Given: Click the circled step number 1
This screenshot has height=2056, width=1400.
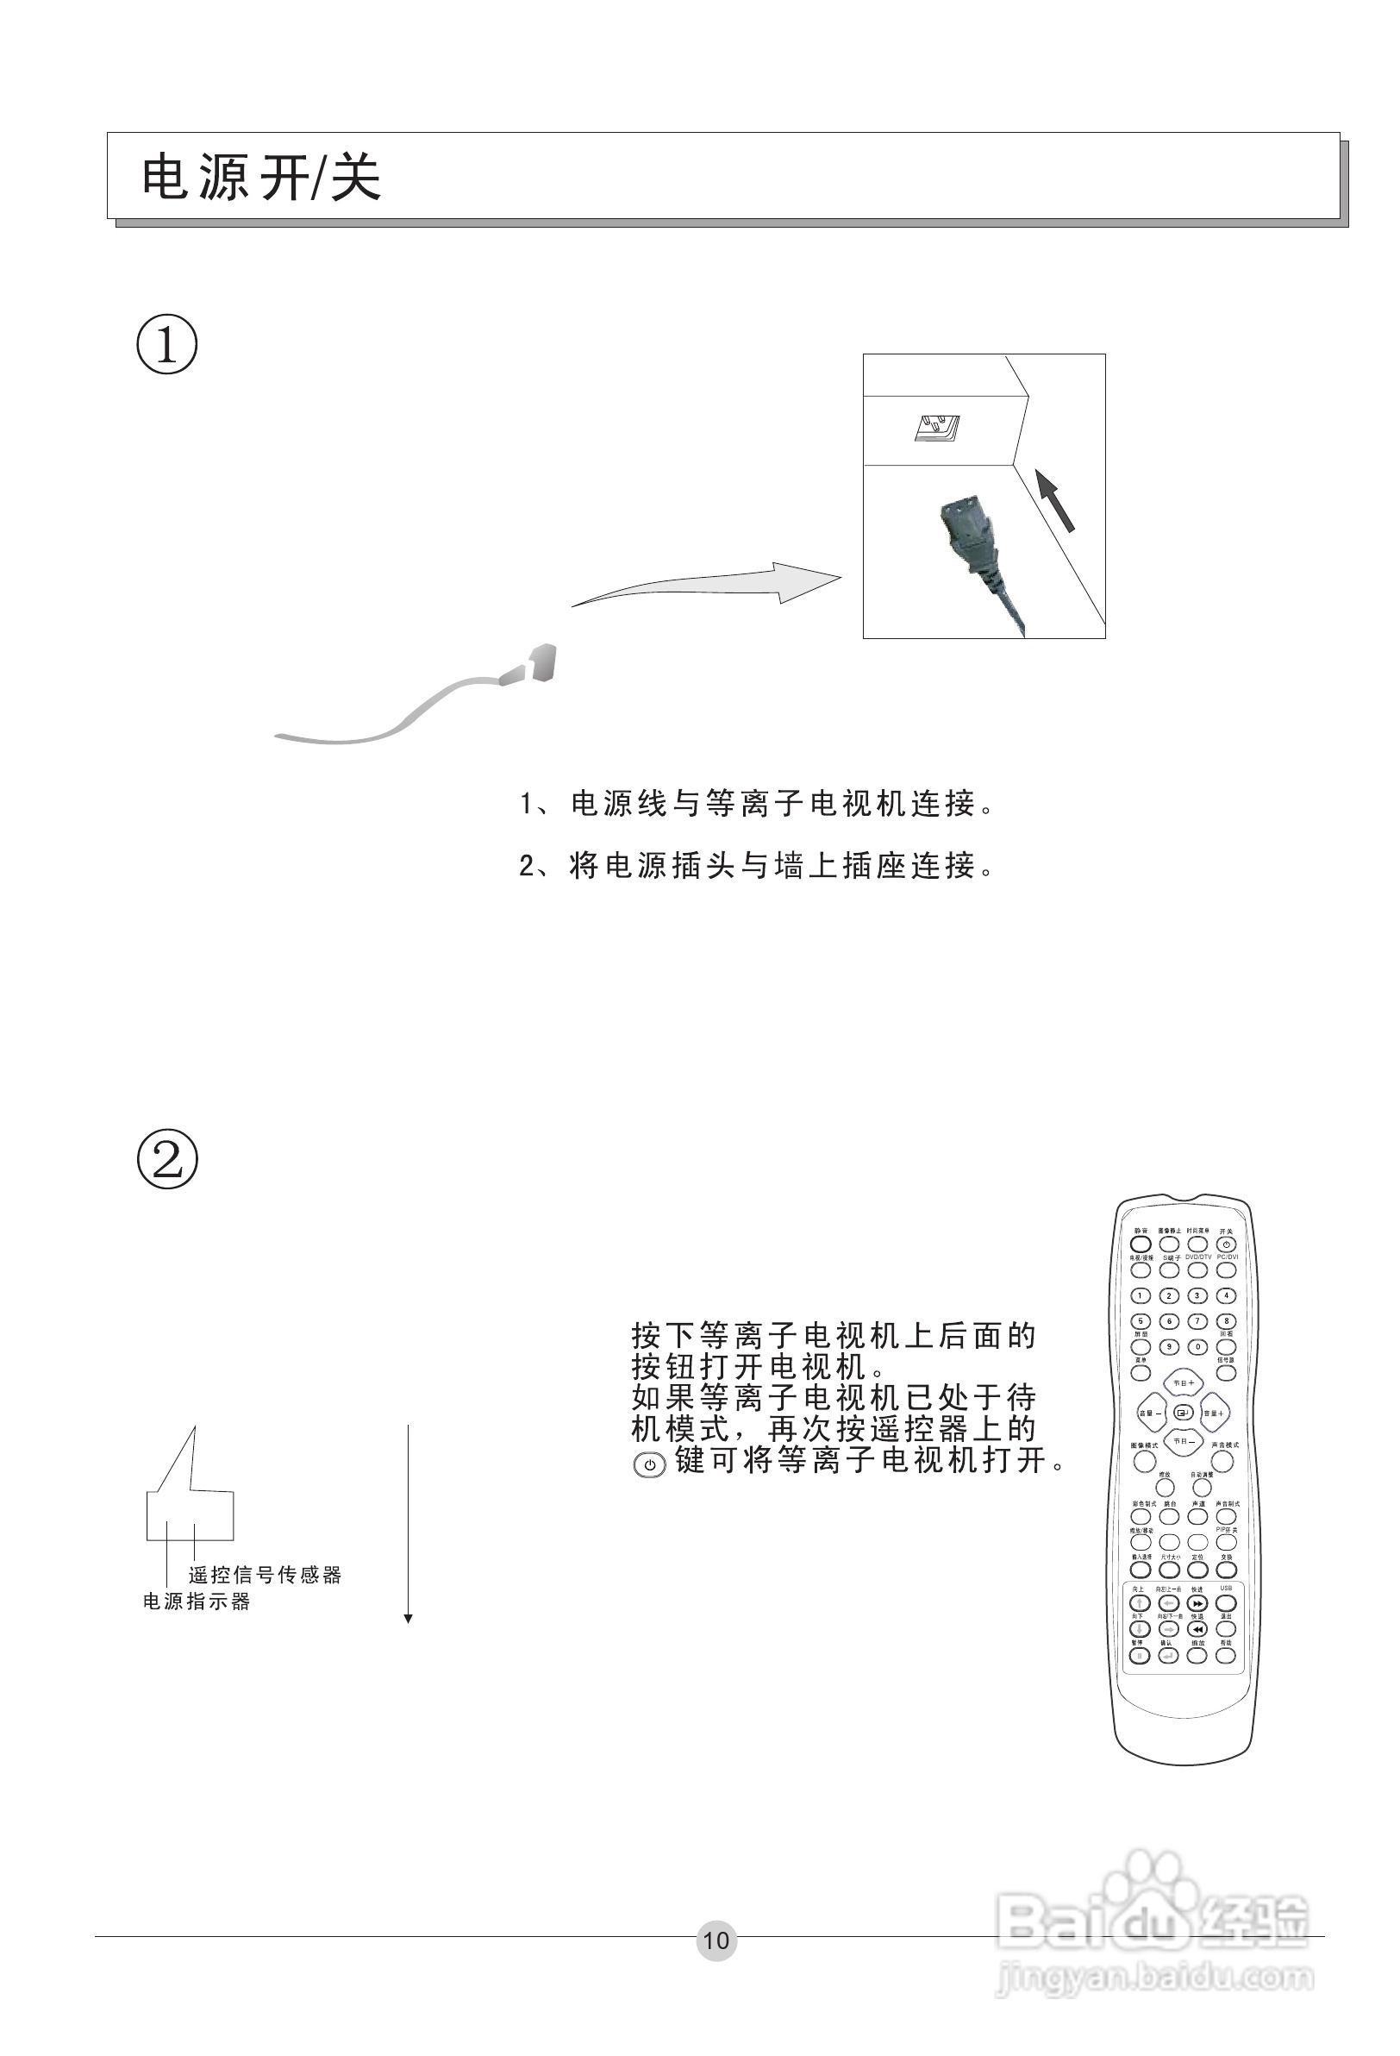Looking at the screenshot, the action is point(167,344).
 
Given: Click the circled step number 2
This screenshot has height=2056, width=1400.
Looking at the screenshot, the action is point(167,1159).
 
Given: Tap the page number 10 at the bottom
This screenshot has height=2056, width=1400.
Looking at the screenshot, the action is point(716,1940).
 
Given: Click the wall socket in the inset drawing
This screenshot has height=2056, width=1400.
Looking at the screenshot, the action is point(936,427).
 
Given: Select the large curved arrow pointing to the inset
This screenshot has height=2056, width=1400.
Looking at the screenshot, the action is point(708,584).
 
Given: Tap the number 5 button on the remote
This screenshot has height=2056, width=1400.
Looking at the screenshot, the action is point(1141,1321).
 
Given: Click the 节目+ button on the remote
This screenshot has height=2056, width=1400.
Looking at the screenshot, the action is point(1184,1382).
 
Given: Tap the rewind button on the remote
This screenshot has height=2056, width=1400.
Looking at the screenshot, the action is point(1197,1629).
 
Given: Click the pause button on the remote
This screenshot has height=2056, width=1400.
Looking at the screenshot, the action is point(1139,1655).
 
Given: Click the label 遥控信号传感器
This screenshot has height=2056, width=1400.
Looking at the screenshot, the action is point(265,1575).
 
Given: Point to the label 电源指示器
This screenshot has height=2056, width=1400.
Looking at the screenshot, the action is point(197,1602).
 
